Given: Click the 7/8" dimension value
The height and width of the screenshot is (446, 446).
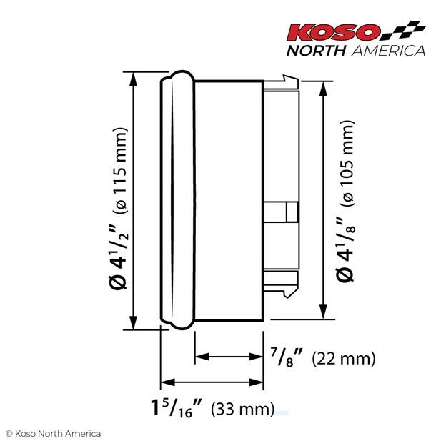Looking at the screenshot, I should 289,355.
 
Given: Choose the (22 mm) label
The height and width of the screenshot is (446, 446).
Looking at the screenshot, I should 344,357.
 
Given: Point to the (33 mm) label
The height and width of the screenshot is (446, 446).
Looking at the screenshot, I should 244,410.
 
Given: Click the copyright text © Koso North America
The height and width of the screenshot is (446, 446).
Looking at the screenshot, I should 53,433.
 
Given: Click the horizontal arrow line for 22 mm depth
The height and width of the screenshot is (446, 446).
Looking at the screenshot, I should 229,355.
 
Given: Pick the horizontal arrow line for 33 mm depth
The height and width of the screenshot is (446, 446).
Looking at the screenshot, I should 212,382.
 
